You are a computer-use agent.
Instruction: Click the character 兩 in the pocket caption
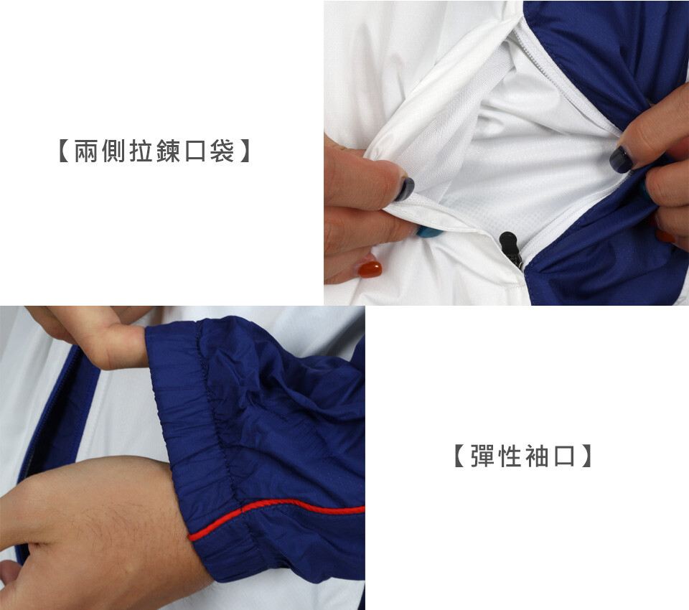pyautogui.click(x=86, y=151)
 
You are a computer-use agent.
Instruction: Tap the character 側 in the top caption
pyautogui.click(x=113, y=151)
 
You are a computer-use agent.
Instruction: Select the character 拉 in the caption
pyautogui.click(x=141, y=151)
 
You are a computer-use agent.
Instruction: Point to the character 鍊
pyautogui.click(x=168, y=151)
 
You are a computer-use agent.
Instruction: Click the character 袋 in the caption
pyautogui.click(x=222, y=151)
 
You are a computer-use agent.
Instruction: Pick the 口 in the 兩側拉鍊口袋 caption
pyautogui.click(x=195, y=151)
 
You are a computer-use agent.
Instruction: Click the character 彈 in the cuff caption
pyautogui.click(x=482, y=456)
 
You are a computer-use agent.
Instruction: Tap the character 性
pyautogui.click(x=510, y=456)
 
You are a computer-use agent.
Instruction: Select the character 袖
pyautogui.click(x=537, y=456)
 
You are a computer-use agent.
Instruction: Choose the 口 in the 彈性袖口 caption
pyautogui.click(x=564, y=456)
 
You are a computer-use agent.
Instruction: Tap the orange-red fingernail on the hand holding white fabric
pyautogui.click(x=370, y=269)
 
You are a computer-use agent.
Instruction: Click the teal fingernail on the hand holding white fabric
pyautogui.click(x=425, y=231)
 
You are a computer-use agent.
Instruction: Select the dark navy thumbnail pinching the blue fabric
pyautogui.click(x=620, y=159)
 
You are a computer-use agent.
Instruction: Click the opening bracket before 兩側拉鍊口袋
pyautogui.click(x=64, y=151)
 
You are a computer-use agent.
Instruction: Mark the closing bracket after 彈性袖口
pyautogui.click(x=586, y=456)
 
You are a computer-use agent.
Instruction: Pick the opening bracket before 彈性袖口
pyautogui.click(x=459, y=456)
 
